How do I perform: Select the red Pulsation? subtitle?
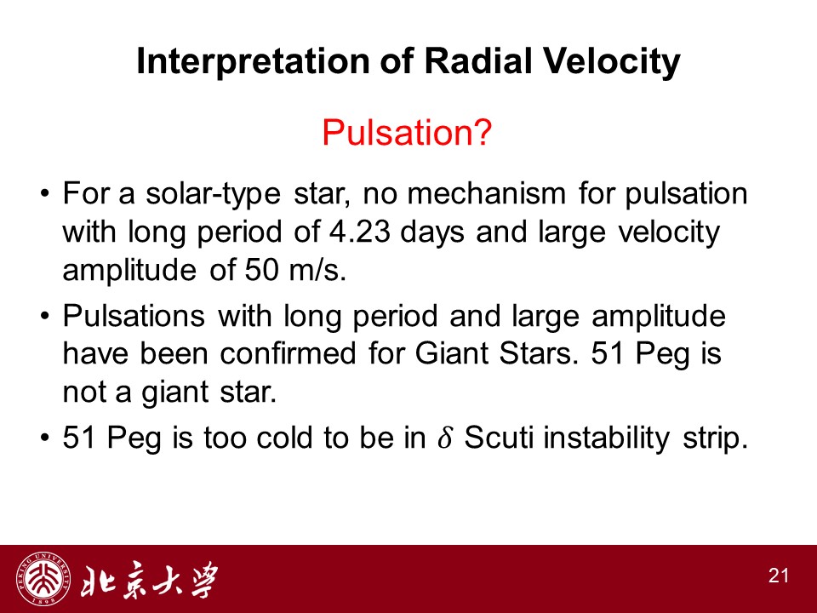pyautogui.click(x=407, y=132)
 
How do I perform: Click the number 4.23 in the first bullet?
pyautogui.click(x=359, y=232)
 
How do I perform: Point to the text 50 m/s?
pyautogui.click(x=295, y=270)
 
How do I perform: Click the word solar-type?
pyautogui.click(x=213, y=194)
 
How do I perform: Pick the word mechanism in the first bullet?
pyautogui.click(x=486, y=193)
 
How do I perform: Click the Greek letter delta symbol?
pyautogui.click(x=444, y=437)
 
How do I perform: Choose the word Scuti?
pyautogui.click(x=499, y=437)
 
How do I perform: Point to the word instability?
pyautogui.click(x=607, y=438)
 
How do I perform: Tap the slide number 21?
pyautogui.click(x=779, y=576)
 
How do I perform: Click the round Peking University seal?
pyautogui.click(x=43, y=579)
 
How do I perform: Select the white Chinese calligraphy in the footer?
pyautogui.click(x=148, y=579)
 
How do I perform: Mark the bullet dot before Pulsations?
pyautogui.click(x=45, y=316)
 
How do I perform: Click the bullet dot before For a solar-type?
pyautogui.click(x=45, y=194)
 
